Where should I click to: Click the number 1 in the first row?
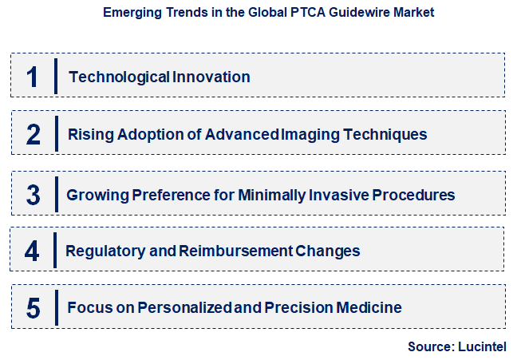(x=32, y=77)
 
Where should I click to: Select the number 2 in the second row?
(x=33, y=134)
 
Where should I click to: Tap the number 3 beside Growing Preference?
(x=33, y=194)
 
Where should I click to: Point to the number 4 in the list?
(x=32, y=251)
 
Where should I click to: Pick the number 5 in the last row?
(x=33, y=308)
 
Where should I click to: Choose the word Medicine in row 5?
(x=370, y=308)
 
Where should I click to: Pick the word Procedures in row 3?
(x=415, y=195)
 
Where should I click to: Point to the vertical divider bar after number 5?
(x=56, y=307)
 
